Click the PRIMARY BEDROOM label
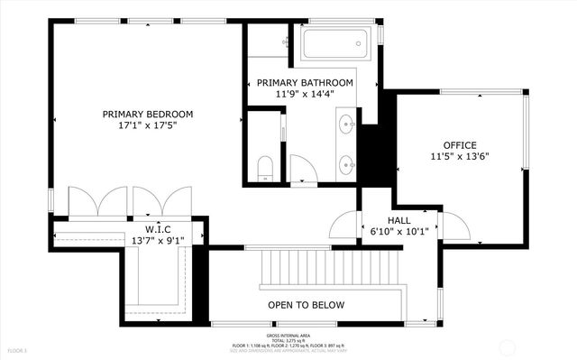pyautogui.click(x=148, y=114)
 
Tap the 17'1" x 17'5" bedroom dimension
pyautogui.click(x=148, y=126)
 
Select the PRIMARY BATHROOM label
pyautogui.click(x=305, y=82)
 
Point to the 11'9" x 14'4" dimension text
pyautogui.click(x=305, y=95)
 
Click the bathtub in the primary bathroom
pyautogui.click(x=334, y=42)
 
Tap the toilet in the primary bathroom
pyautogui.click(x=264, y=166)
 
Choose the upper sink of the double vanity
pyautogui.click(x=346, y=125)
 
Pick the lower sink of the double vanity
pyautogui.click(x=346, y=164)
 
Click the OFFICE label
pyautogui.click(x=459, y=145)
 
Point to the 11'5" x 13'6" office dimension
pyautogui.click(x=459, y=158)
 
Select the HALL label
pyautogui.click(x=400, y=220)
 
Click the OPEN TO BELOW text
pyautogui.click(x=306, y=305)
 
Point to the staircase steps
pyautogui.click(x=329, y=268)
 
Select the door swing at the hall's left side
pyautogui.click(x=345, y=224)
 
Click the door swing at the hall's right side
pyautogui.click(x=455, y=226)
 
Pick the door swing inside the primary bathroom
pyautogui.click(x=304, y=169)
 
